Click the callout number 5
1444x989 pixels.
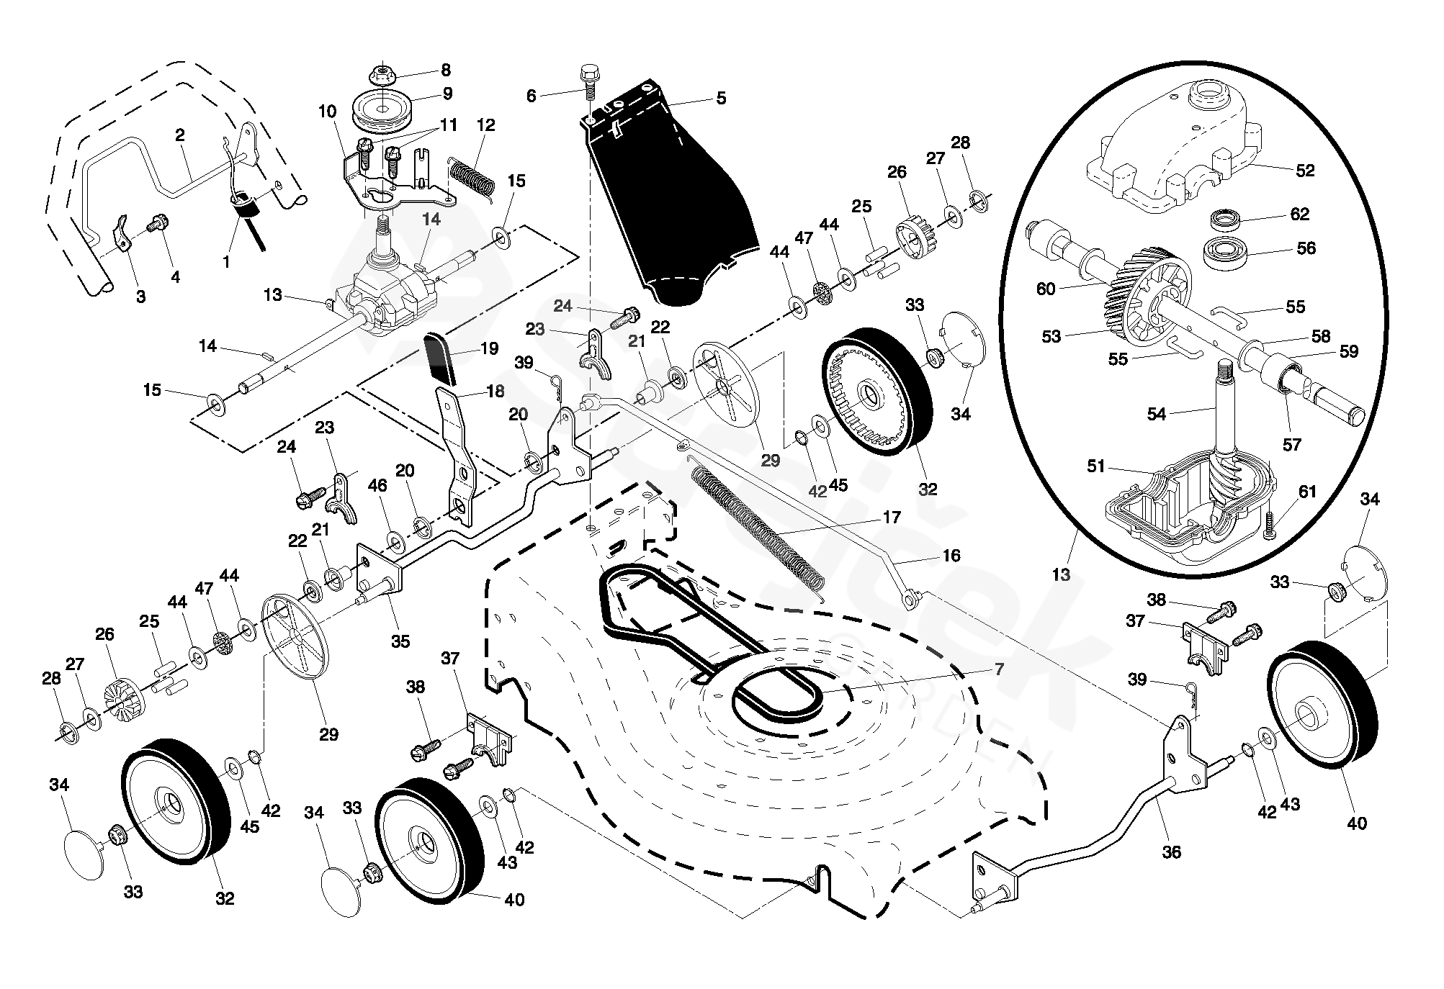721,98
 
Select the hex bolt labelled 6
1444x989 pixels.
588,80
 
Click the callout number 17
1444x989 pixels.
891,517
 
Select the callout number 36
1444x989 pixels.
1171,852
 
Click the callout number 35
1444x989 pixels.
400,641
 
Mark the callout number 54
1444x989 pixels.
1156,414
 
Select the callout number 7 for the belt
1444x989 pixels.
999,669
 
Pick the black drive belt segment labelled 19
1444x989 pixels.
441,359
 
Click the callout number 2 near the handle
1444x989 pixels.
180,135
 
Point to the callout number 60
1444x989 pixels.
1045,289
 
